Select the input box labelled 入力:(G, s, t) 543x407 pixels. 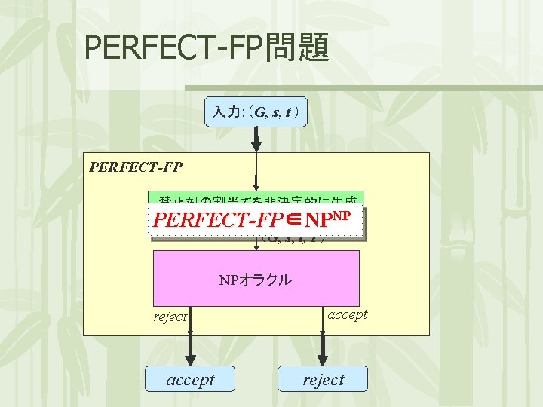pyautogui.click(x=256, y=113)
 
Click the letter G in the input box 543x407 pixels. pyautogui.click(x=260, y=113)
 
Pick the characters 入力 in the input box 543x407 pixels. pyautogui.click(x=225, y=113)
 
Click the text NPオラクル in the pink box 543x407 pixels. pyautogui.click(x=256, y=280)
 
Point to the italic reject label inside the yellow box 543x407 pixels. pyautogui.click(x=170, y=317)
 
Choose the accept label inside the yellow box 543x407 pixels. pyautogui.click(x=347, y=314)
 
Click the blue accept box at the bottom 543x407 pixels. pyautogui.click(x=191, y=380)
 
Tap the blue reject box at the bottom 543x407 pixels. pyautogui.click(x=323, y=380)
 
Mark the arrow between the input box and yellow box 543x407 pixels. pyautogui.click(x=256, y=140)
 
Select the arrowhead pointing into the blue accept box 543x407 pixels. pyautogui.click(x=191, y=359)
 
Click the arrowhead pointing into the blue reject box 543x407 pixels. pyautogui.click(x=323, y=359)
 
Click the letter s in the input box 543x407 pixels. pyautogui.click(x=277, y=113)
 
